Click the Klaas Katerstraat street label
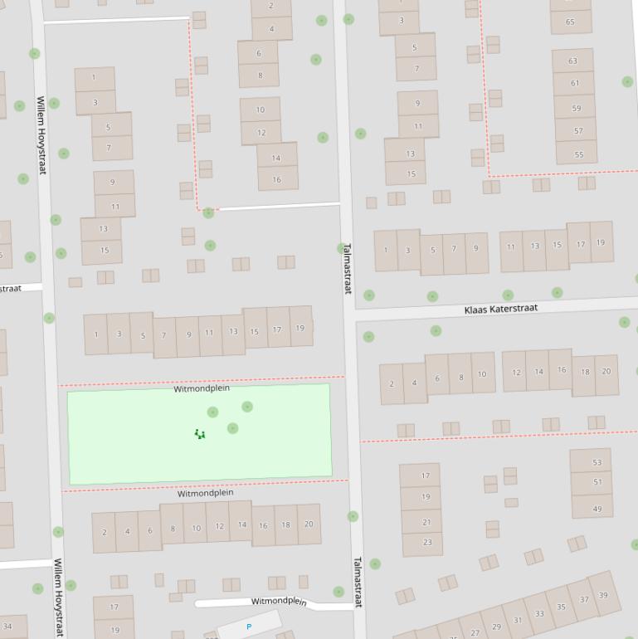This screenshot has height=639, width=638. coord(500,309)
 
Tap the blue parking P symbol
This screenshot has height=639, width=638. coord(249,627)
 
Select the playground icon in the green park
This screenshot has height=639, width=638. coord(200,434)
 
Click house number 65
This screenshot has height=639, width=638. coord(570,22)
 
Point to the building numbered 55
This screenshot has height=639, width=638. coord(578,154)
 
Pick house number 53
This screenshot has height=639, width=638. coord(597,462)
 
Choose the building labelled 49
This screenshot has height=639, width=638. coord(597,509)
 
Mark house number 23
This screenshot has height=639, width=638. coord(426,542)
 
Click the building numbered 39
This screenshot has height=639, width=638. coord(603,595)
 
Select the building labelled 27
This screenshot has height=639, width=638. coord(475,632)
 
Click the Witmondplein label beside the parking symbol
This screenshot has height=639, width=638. coord(279,602)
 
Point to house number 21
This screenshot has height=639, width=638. coord(426,522)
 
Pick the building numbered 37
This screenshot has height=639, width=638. coord(584,600)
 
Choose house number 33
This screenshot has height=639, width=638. coord(539,614)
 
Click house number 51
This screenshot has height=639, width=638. coord(597,481)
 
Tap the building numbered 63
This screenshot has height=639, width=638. coord(573,61)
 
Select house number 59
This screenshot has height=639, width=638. coord(576,108)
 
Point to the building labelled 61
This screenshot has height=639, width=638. coord(575,83)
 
